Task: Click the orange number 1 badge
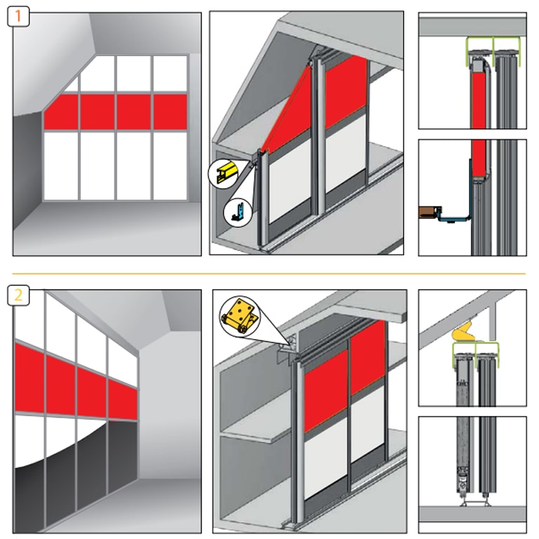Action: click(x=18, y=17)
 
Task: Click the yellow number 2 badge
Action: click(x=18, y=295)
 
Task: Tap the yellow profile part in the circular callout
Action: click(x=225, y=171)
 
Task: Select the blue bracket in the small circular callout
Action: click(x=239, y=212)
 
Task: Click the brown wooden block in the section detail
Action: click(x=430, y=212)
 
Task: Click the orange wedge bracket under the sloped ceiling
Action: click(x=464, y=333)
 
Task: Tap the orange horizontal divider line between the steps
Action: click(x=269, y=274)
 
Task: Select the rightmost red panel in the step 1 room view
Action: click(x=170, y=112)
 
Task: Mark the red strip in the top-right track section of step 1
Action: click(x=479, y=100)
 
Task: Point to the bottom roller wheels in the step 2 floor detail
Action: click(x=474, y=504)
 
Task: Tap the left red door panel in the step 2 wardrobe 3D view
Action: click(x=325, y=391)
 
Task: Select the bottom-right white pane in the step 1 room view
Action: click(x=170, y=166)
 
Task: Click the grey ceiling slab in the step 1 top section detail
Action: click(x=472, y=27)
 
